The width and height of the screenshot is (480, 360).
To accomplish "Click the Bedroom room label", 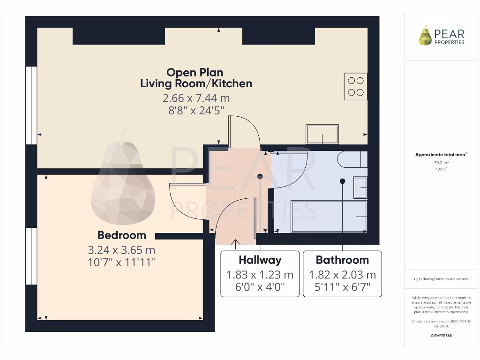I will [x=121, y=235].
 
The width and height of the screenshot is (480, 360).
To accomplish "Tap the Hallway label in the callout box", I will [x=260, y=260].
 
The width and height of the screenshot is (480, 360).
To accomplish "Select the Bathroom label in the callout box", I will [x=342, y=260].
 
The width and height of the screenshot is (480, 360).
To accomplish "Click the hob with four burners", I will [x=356, y=86].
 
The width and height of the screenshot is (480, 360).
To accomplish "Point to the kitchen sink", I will [x=322, y=134].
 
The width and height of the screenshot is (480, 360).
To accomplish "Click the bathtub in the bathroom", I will [x=329, y=217].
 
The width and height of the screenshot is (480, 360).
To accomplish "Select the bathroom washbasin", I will [x=360, y=187].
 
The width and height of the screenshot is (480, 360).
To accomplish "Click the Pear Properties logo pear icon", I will [x=425, y=36].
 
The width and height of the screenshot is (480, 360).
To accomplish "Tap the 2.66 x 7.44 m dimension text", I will [x=196, y=98].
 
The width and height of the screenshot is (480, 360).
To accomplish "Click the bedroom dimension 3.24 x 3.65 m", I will [x=121, y=250].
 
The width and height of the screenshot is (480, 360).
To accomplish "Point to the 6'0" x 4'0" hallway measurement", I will [x=260, y=287].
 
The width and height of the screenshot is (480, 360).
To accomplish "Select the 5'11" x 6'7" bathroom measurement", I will [x=342, y=287].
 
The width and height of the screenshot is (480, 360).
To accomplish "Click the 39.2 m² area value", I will [x=441, y=162].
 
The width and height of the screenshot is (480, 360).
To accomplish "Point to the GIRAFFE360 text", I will [x=441, y=336].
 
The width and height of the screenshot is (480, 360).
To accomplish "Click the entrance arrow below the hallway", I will [x=235, y=242].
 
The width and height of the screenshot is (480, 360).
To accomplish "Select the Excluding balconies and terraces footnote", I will [x=441, y=279].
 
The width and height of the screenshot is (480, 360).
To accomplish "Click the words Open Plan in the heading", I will [x=195, y=73].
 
